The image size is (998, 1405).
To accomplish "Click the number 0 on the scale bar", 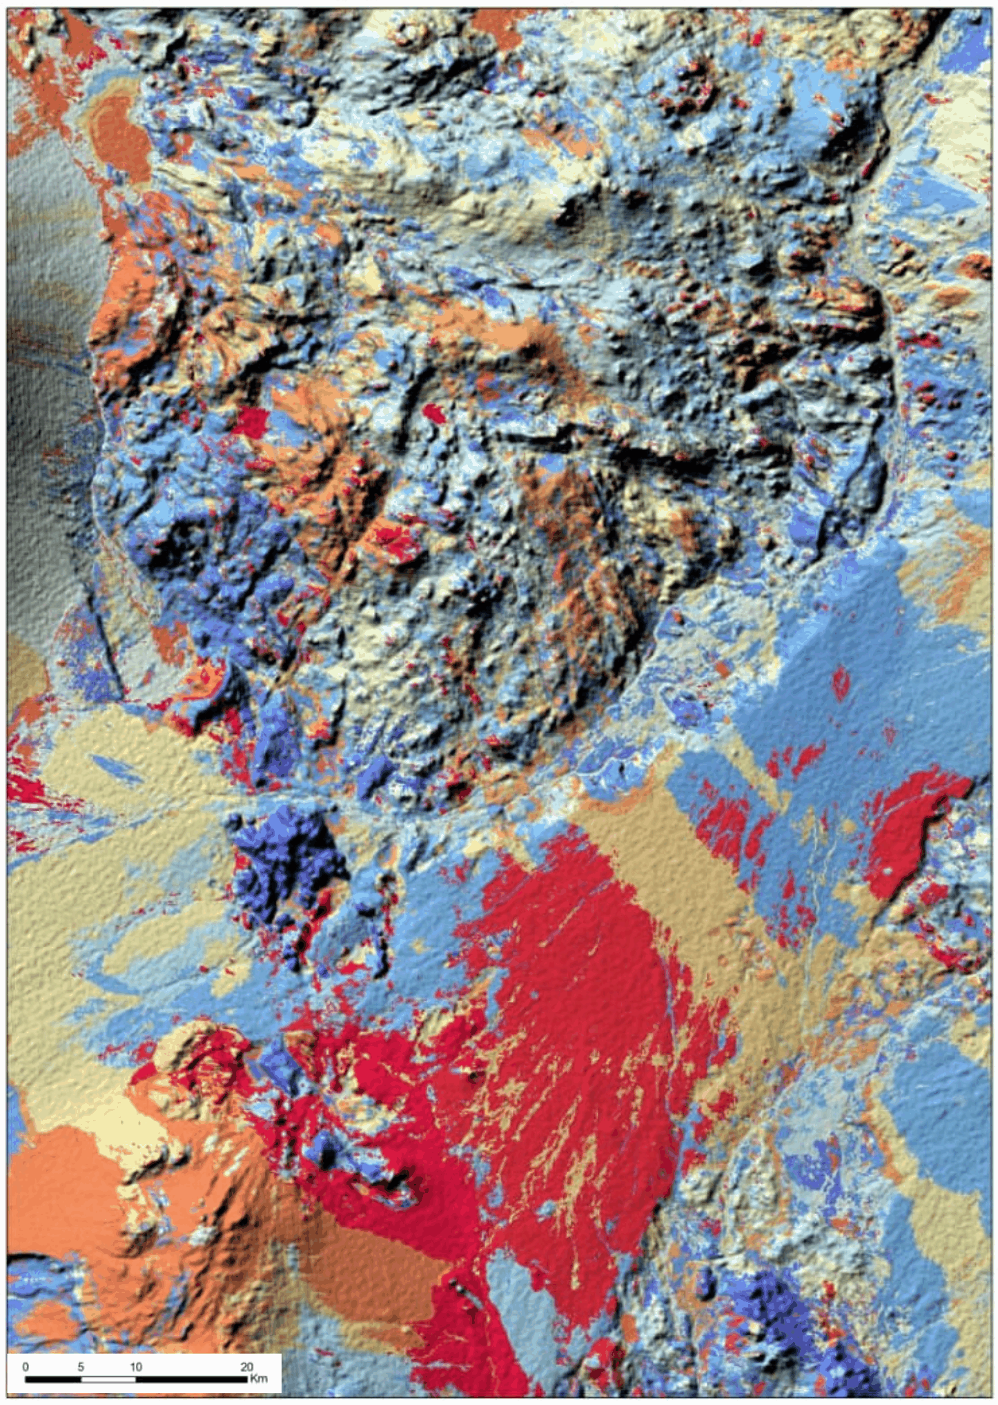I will point(26,1366).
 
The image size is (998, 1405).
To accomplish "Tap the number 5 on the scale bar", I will point(81,1366).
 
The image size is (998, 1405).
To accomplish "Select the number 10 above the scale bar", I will point(136,1366).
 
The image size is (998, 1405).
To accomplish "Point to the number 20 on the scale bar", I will point(246,1366).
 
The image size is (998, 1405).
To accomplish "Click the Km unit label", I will point(259,1379).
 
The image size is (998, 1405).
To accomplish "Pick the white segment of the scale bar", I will point(108,1379).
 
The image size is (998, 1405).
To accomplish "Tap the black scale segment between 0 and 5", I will point(53,1379).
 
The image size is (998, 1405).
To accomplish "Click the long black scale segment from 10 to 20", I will point(191,1379).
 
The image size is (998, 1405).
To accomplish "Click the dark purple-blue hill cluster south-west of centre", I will point(283,856).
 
